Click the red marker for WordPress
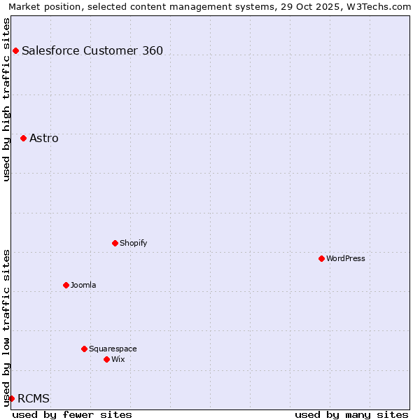(321, 258)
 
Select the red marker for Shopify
(115, 243)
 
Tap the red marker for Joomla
(66, 285)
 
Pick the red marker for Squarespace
(84, 349)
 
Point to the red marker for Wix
(106, 359)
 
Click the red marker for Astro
(23, 138)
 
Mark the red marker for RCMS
(11, 398)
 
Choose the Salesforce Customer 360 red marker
(15, 50)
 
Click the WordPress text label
(346, 258)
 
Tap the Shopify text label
(133, 243)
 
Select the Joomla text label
(83, 285)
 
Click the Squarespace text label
(113, 349)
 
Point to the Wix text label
(118, 359)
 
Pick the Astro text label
(44, 138)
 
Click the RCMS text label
(34, 398)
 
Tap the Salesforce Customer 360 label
(92, 50)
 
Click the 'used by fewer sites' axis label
(72, 414)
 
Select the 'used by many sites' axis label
(351, 414)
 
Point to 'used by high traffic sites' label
(7, 99)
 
